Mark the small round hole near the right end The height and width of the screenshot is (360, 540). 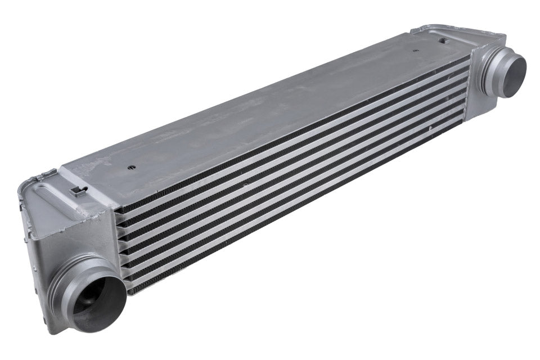coord(416,51)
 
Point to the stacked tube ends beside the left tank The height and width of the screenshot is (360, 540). coord(121,247)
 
